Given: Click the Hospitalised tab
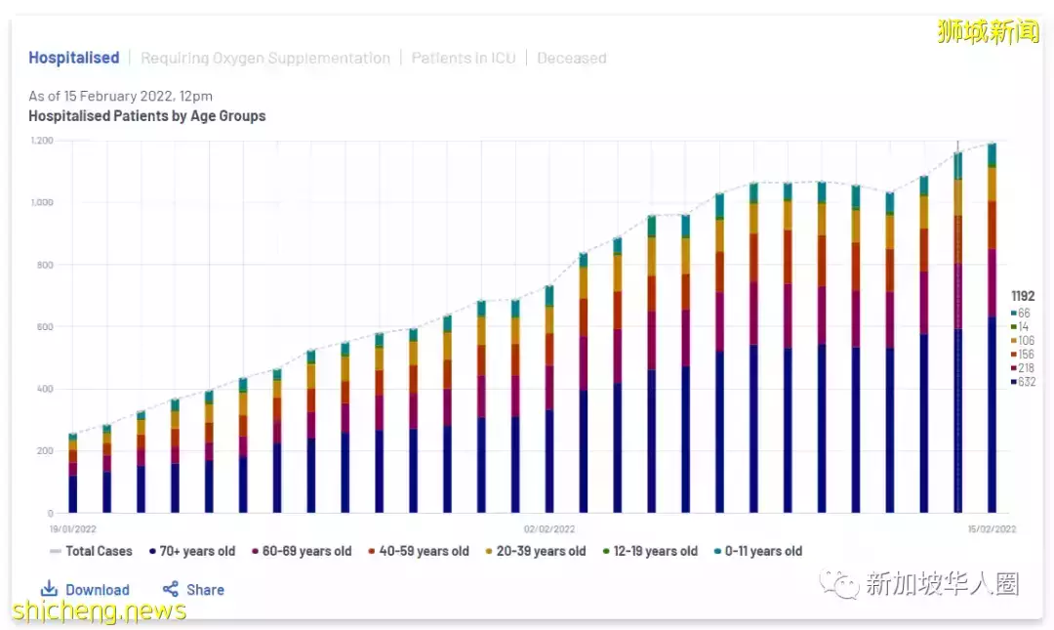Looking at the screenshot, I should click(73, 58).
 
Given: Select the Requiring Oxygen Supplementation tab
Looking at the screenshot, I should click(265, 58).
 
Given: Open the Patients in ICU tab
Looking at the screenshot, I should click(464, 58).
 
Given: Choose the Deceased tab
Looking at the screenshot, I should click(572, 58).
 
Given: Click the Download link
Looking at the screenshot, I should click(86, 589).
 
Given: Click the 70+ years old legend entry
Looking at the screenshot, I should click(192, 551).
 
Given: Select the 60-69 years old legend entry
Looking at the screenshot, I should click(302, 551).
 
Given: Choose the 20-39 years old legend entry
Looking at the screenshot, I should click(536, 551).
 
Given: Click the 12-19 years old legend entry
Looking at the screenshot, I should click(648, 551).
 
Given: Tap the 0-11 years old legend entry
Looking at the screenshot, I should click(757, 551).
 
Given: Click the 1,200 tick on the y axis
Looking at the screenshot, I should click(41, 141).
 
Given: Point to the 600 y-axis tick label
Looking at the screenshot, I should click(45, 327).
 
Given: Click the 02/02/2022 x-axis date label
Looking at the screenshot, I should click(547, 528).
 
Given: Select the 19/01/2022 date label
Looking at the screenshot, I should click(73, 528).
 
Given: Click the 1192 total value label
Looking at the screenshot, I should click(1023, 296).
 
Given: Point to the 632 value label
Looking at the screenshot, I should click(1026, 382).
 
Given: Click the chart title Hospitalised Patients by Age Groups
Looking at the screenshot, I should click(146, 115).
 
